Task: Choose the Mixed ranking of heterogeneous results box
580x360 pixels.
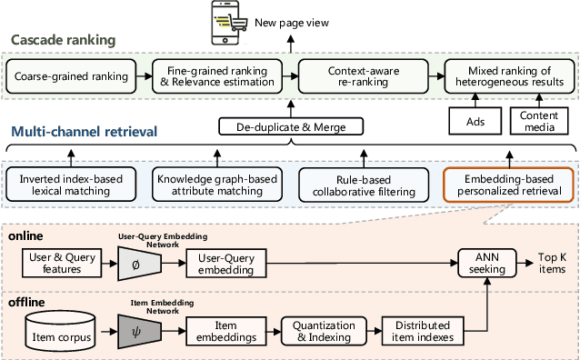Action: (x=504, y=75)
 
